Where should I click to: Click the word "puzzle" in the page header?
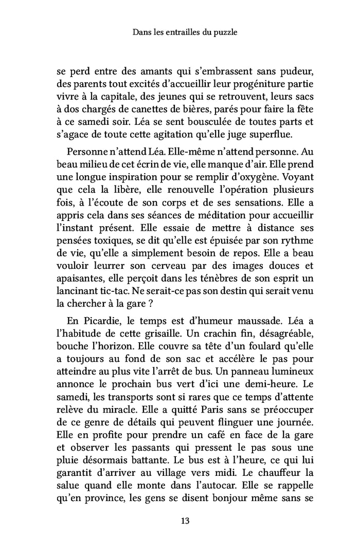pyautogui.click(x=225, y=32)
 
